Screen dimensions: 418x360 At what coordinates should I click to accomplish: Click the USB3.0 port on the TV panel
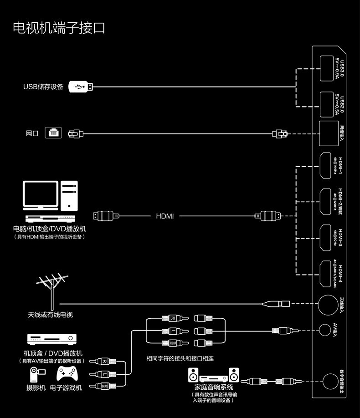click(x=327, y=69)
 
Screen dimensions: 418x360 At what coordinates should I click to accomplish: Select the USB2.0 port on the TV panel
click(x=327, y=104)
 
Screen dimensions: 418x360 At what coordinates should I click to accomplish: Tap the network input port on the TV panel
click(x=329, y=133)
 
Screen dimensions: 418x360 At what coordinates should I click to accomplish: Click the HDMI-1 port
click(x=326, y=166)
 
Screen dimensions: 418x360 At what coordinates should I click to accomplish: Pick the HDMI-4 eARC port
click(x=326, y=273)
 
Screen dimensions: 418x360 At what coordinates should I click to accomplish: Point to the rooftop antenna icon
click(x=53, y=290)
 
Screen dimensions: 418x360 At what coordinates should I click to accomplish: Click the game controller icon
click(x=67, y=374)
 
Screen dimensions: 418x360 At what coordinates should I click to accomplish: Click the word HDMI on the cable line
click(x=165, y=216)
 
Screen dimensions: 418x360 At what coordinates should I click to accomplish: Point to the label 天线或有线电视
click(x=50, y=315)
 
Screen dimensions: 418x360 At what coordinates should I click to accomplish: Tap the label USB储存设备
click(x=43, y=87)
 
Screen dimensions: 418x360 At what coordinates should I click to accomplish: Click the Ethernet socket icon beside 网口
click(x=53, y=133)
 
